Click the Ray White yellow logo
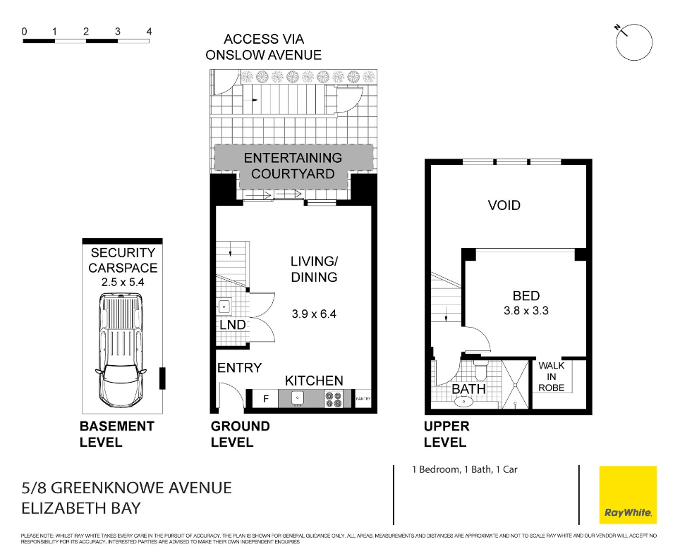[x=627, y=495]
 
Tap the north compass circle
[x=634, y=42]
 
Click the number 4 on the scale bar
[x=149, y=32]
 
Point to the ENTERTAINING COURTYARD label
[x=293, y=166]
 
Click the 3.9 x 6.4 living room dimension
[x=314, y=314]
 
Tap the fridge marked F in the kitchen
[x=265, y=399]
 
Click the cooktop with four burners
[x=333, y=399]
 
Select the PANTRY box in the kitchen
[x=363, y=400]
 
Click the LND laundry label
[x=233, y=325]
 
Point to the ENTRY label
[x=239, y=368]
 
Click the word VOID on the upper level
[x=504, y=206]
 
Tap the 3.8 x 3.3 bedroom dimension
[x=526, y=311]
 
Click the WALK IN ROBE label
[x=552, y=376]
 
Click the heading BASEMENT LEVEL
[x=116, y=434]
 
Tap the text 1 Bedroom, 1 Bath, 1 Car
[x=465, y=469]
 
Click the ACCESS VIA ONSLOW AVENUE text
[x=264, y=47]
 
